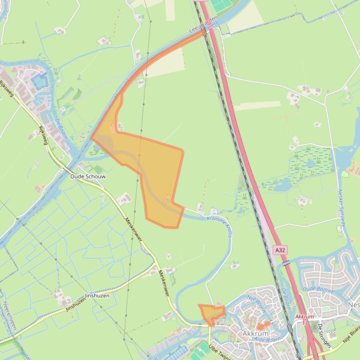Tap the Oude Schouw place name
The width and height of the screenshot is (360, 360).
pyautogui.click(x=88, y=177)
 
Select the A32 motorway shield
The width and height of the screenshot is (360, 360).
pyautogui.click(x=280, y=250)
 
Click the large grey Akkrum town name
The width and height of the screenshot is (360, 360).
pyautogui.click(x=256, y=334)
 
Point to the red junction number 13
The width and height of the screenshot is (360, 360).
pyautogui.click(x=305, y=323)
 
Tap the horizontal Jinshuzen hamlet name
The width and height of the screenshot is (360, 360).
pyautogui.click(x=97, y=296)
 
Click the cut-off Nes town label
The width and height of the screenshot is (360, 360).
pyautogui.click(x=354, y=305)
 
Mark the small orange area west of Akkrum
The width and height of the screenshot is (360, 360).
pyautogui.click(x=212, y=314)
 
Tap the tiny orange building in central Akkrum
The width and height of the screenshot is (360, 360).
pyautogui.click(x=263, y=325)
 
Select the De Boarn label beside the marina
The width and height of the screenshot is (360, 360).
pyautogui.click(x=61, y=129)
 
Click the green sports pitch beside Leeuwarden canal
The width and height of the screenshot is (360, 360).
pyautogui.click(x=220, y=6)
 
